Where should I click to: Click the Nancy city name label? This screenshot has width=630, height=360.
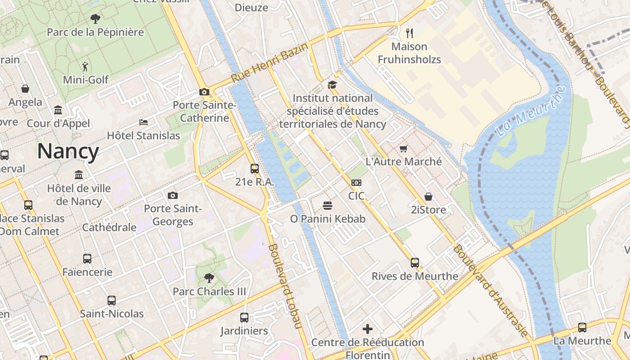(68, 151)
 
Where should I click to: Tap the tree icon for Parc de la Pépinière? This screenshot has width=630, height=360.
(95, 18)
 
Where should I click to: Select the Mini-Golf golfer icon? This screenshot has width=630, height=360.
(85, 67)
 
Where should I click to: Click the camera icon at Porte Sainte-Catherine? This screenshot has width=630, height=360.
(204, 92)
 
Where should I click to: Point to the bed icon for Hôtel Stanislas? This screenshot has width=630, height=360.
(143, 122)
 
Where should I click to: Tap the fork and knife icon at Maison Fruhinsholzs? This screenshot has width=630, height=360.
(409, 33)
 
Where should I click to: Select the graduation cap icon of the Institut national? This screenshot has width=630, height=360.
(332, 85)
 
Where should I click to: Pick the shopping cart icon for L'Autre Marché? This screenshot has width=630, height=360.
(403, 148)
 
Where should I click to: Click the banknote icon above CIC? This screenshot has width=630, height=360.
(356, 182)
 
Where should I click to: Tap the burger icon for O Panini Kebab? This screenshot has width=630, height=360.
(328, 206)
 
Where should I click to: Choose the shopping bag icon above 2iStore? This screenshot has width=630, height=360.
(428, 197)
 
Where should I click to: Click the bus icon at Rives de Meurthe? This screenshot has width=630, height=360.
(414, 262)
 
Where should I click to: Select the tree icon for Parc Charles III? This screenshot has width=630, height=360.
(209, 278)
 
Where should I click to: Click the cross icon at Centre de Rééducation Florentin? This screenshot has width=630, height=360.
(368, 329)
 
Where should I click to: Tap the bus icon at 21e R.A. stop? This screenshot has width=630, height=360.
(254, 169)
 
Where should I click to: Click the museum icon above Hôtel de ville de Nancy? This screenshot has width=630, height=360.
(79, 175)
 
